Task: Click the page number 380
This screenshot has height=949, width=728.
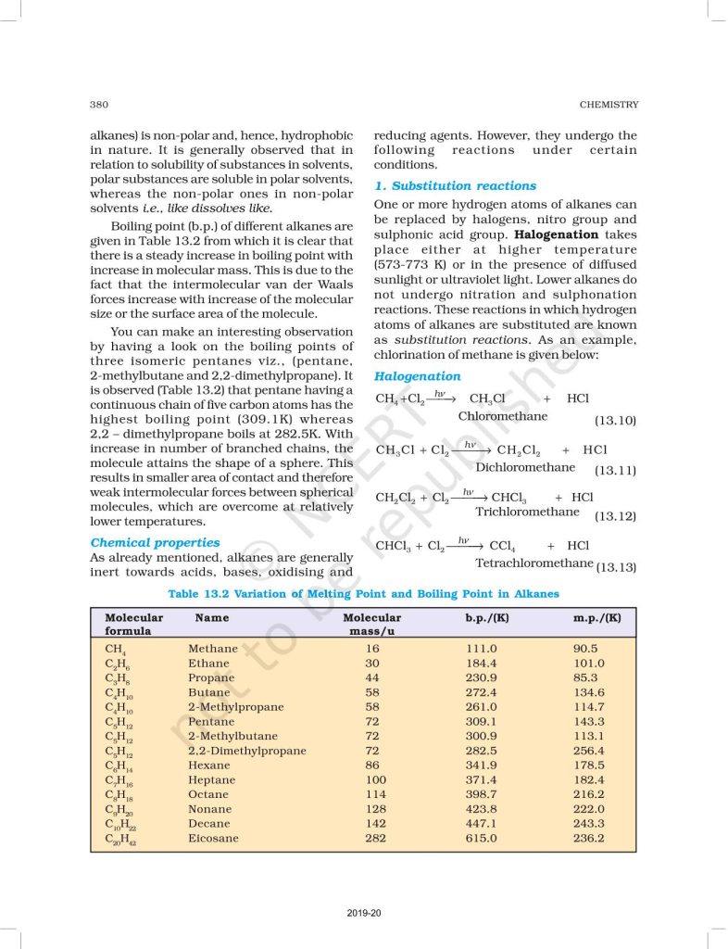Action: tap(100, 105)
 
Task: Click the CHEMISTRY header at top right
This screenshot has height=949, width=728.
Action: tap(608, 105)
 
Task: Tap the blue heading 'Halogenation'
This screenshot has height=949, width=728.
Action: tap(417, 376)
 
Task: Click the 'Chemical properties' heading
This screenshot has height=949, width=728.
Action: tap(155, 542)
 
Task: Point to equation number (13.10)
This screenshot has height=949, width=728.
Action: tap(614, 422)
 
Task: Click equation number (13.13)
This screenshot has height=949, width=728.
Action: tap(615, 566)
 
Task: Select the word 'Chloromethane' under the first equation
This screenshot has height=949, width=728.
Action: tap(503, 416)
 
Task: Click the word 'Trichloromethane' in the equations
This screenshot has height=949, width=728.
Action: tap(527, 512)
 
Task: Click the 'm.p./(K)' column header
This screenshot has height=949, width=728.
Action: tap(597, 617)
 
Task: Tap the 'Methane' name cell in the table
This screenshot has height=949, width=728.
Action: tap(213, 649)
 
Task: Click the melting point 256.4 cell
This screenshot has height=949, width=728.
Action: tap(589, 751)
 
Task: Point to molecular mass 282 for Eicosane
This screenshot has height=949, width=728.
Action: tap(372, 838)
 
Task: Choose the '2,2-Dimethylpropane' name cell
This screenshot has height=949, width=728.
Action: tap(246, 751)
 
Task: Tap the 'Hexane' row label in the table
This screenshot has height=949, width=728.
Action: tap(208, 766)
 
